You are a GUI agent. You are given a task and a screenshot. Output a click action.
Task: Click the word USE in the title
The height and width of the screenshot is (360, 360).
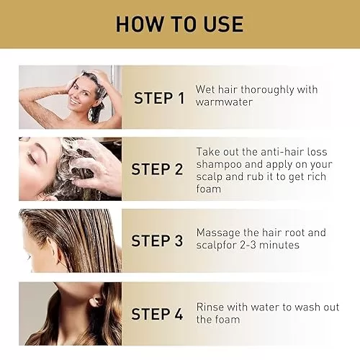coord(223,24)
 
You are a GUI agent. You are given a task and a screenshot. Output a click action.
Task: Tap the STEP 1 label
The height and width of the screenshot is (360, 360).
coord(159,98)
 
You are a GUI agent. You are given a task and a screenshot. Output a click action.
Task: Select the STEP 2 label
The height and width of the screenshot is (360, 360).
coord(157,169)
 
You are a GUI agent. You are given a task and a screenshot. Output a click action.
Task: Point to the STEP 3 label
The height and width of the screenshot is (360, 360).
coord(157,240)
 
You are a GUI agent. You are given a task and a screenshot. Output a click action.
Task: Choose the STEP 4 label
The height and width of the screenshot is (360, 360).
coord(157,314)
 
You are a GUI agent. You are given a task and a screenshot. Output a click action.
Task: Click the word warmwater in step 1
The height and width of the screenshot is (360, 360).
coord(224,102)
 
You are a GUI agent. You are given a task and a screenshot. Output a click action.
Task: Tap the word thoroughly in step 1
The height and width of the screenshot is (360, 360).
coord(267,90)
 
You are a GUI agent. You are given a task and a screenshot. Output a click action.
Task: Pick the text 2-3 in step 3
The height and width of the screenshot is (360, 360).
coord(248,245)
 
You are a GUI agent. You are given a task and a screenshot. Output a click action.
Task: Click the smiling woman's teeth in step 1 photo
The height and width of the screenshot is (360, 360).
coord(75,102)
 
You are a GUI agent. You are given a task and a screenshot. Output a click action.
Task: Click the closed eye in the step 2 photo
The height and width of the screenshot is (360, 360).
coord(31,157)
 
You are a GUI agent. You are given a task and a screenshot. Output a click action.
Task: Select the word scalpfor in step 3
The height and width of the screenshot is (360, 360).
coord(216,246)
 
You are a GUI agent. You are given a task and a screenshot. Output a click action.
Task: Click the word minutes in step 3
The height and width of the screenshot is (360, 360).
coord(279,245)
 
